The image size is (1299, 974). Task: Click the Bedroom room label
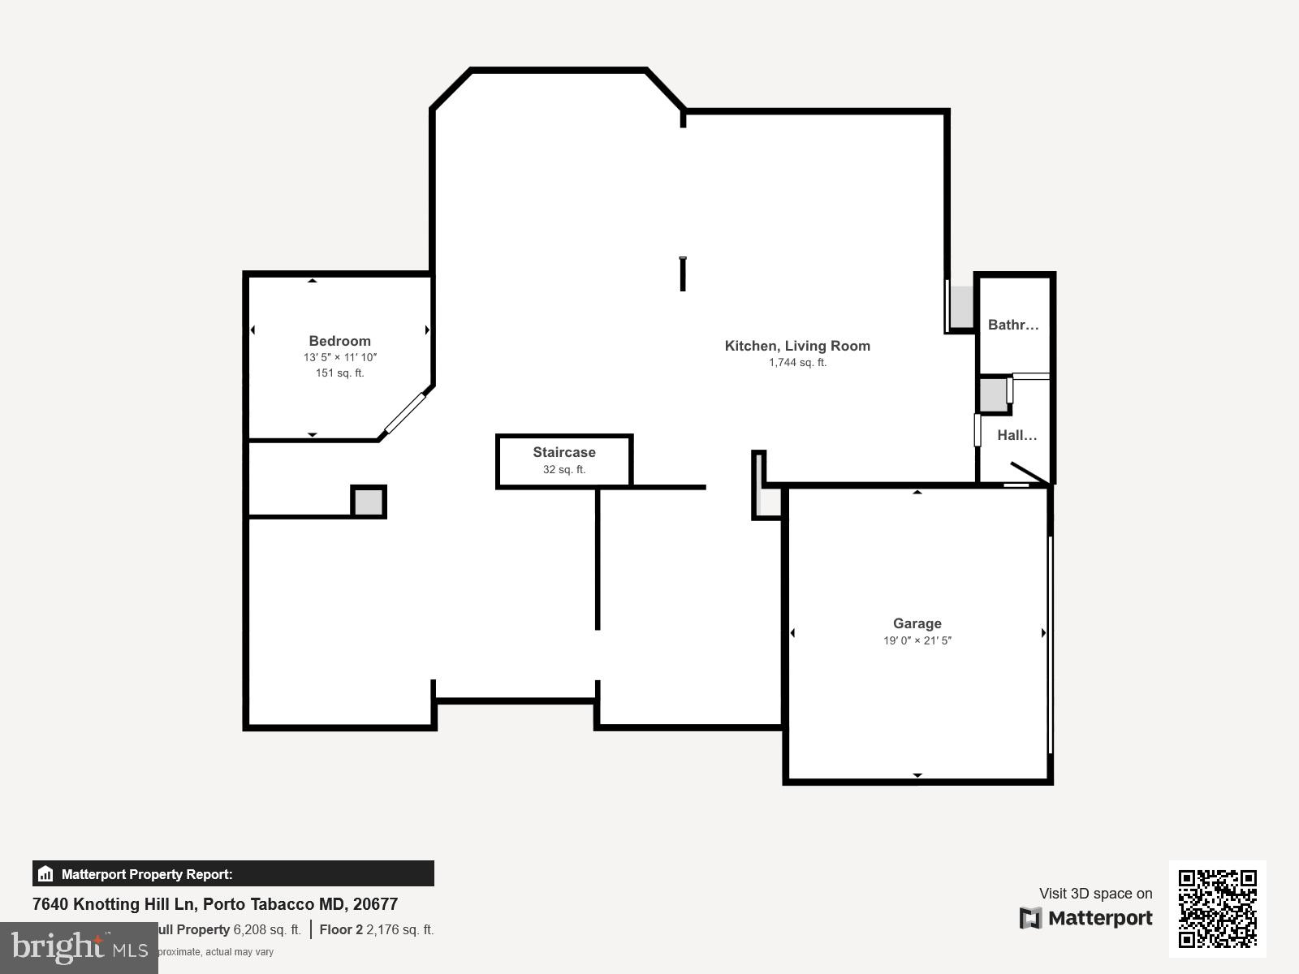click(x=339, y=341)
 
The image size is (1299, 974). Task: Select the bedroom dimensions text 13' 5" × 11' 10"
click(x=339, y=357)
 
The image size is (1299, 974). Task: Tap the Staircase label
click(x=563, y=452)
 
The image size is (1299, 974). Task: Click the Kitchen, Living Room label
click(x=797, y=346)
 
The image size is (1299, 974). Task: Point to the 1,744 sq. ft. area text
click(x=797, y=363)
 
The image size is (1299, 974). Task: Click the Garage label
click(x=917, y=623)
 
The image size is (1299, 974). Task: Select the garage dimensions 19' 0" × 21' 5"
click(x=917, y=640)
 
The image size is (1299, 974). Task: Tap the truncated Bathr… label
click(x=1012, y=325)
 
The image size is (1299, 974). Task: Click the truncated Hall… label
click(x=1016, y=435)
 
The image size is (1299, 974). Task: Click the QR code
click(x=1217, y=908)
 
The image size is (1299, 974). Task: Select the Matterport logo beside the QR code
click(x=1086, y=918)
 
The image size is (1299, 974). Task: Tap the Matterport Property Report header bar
click(x=233, y=874)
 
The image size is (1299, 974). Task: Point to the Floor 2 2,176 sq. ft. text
click(x=376, y=929)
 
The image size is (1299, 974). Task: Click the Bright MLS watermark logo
click(x=79, y=947)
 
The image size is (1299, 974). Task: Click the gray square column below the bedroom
click(x=369, y=502)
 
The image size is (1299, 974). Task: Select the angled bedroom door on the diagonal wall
click(x=404, y=413)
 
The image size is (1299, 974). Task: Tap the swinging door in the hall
click(x=1029, y=472)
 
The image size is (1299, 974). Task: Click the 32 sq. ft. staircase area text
click(x=563, y=470)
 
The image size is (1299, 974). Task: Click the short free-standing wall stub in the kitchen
click(x=683, y=274)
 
